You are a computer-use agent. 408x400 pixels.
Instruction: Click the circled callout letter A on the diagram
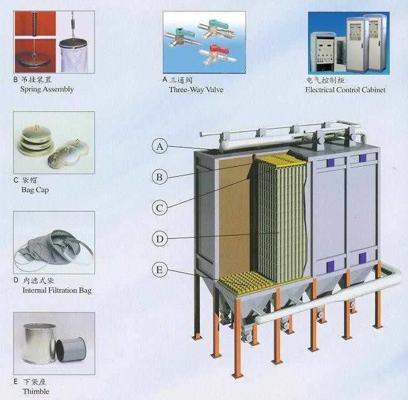click(x=160, y=147)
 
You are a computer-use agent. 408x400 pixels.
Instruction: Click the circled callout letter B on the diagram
click(x=160, y=177)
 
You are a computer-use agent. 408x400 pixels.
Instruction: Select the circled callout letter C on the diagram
click(x=160, y=207)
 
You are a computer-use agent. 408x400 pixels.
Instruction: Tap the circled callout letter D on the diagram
click(x=160, y=238)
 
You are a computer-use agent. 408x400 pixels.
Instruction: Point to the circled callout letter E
click(x=160, y=269)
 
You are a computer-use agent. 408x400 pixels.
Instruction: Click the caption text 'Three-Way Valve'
click(x=196, y=90)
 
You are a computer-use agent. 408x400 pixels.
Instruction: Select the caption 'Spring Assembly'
click(x=47, y=89)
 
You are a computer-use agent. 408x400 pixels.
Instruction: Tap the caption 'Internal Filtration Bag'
click(x=57, y=291)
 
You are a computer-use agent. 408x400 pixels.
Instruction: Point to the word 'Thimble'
click(x=35, y=391)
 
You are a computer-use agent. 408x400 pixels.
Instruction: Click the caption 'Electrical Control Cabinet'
click(x=345, y=90)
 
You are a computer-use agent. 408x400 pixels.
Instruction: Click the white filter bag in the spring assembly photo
click(x=75, y=55)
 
